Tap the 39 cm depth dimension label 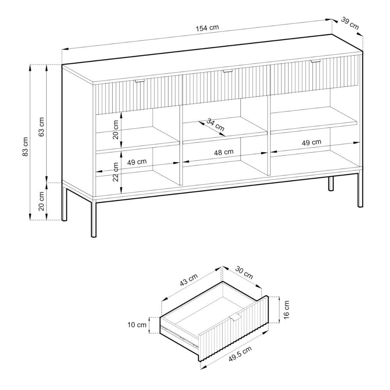pos(350,23)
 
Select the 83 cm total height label pos(25,147)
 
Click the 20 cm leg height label pos(42,201)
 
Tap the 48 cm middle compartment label pos(224,152)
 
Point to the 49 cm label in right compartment pos(312,142)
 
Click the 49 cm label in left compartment pos(137,161)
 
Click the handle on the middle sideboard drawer pos(227,71)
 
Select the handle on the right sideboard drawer pos(316,61)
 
